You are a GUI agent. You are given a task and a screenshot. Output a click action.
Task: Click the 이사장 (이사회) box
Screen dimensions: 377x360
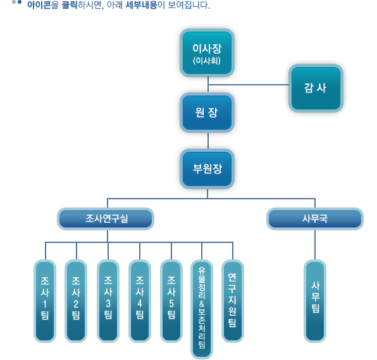(x=207, y=53)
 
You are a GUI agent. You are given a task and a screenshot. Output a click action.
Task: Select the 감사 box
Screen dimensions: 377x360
(x=316, y=88)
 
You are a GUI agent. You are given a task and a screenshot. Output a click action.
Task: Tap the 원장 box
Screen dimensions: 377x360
(x=207, y=113)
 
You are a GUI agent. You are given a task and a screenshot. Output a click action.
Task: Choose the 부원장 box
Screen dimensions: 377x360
(x=207, y=169)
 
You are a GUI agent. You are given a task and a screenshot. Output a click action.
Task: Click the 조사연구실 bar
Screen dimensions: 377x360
(x=106, y=219)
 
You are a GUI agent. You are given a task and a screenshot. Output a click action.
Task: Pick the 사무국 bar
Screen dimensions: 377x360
(x=315, y=219)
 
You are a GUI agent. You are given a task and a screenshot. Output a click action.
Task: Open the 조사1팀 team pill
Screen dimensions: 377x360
(x=45, y=301)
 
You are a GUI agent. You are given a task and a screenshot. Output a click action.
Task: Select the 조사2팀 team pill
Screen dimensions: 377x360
(x=76, y=301)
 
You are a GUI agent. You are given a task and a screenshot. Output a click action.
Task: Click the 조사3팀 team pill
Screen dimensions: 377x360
(x=108, y=301)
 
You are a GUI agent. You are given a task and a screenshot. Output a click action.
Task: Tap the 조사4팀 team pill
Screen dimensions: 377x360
(x=140, y=301)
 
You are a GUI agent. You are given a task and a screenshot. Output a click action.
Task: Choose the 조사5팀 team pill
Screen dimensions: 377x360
(x=171, y=301)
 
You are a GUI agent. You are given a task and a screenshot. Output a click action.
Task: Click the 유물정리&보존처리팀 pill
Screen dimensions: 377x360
(x=202, y=309)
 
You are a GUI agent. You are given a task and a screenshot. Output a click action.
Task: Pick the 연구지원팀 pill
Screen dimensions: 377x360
(x=233, y=301)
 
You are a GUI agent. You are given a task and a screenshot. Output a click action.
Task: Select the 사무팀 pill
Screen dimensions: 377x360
(x=315, y=301)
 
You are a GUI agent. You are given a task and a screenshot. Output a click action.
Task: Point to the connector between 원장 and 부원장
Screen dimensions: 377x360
(x=208, y=140)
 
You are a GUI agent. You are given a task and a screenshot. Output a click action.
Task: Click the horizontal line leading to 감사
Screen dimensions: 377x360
(x=249, y=85)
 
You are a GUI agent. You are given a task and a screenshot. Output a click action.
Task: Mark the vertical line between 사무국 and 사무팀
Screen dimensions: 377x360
(x=315, y=245)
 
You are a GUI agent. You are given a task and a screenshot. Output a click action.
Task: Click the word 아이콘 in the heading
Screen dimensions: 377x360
(x=39, y=5)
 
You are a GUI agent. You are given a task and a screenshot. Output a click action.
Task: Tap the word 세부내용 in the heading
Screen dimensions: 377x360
(x=141, y=5)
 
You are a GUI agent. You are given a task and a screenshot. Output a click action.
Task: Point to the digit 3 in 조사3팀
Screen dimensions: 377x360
(x=108, y=304)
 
